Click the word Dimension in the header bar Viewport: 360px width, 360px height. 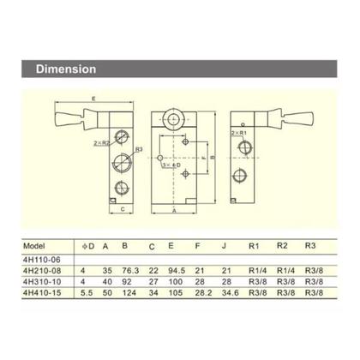click(63, 69)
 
